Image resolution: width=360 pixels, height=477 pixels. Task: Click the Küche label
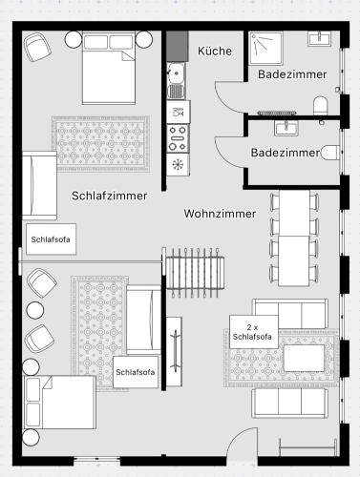pos(215,51)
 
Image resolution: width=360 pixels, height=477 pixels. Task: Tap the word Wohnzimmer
pos(220,214)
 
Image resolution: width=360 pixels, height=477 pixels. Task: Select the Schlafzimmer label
pos(109,196)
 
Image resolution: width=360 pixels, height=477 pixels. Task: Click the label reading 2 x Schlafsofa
pos(252,332)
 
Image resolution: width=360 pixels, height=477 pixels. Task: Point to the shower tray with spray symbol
pos(265,48)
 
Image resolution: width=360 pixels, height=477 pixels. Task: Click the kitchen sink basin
pos(176,73)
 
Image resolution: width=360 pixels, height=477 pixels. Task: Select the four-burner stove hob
pos(178,138)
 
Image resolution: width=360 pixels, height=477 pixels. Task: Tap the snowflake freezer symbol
pos(176,164)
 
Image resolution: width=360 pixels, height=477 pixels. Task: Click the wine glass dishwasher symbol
pos(177,112)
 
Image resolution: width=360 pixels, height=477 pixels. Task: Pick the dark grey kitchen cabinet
pos(178,46)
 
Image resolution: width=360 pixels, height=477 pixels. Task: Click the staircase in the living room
pos(195,272)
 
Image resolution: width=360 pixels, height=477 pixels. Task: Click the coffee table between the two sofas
pos(304,358)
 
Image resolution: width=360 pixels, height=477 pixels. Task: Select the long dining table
pos(294,238)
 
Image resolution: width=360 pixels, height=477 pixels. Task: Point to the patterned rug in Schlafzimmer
pos(100,144)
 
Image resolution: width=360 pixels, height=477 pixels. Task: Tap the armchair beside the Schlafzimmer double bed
pos(38,47)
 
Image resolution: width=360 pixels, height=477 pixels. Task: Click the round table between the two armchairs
pos(35,311)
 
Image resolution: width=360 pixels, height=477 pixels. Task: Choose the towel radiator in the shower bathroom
pos(277,113)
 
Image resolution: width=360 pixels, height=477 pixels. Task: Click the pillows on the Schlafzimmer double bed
pos(109,42)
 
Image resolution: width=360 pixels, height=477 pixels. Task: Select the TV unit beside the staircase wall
pos(175,352)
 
